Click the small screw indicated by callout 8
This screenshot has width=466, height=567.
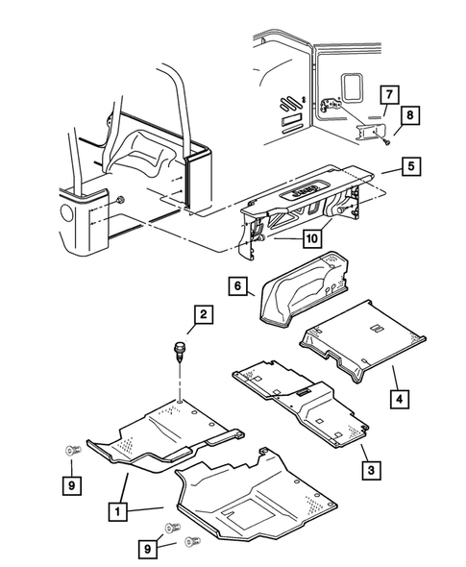[x=384, y=142]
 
